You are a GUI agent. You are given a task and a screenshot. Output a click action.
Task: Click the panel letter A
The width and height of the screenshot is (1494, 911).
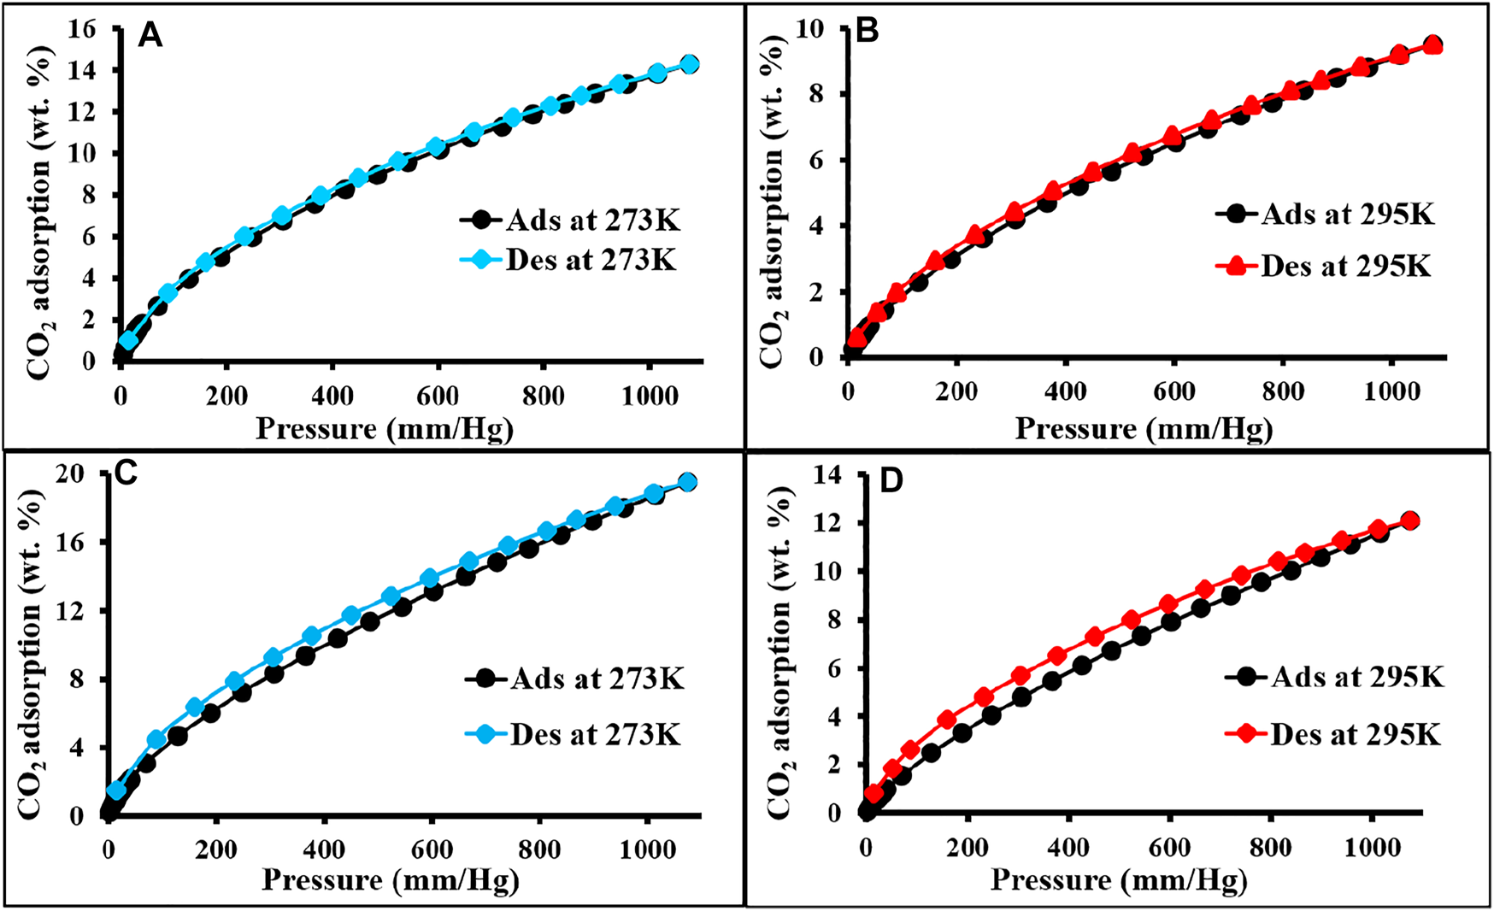(150, 37)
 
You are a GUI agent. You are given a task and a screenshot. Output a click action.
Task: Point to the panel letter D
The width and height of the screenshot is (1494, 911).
(891, 482)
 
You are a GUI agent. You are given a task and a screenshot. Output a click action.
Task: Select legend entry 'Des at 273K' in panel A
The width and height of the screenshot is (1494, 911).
(590, 260)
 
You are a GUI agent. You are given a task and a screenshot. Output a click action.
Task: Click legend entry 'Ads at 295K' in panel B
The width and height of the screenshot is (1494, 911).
(1347, 214)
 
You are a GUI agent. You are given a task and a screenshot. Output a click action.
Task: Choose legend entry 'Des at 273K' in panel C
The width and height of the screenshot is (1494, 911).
(595, 734)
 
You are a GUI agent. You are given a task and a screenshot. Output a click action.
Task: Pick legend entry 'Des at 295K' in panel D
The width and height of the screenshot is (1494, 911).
(1355, 734)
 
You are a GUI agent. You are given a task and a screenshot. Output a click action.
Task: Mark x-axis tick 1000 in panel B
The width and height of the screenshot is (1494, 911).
(1392, 391)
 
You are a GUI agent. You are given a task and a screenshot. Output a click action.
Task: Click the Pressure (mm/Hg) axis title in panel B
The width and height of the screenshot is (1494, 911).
(1144, 429)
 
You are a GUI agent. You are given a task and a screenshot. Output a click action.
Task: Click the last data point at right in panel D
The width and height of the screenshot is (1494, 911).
(1410, 520)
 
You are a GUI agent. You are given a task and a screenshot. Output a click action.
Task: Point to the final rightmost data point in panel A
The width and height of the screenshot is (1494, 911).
(690, 64)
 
